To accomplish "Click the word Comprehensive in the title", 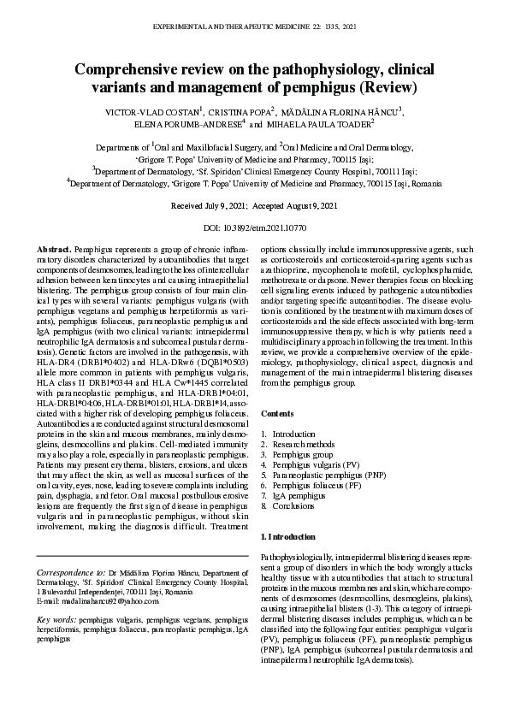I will tap(128, 69).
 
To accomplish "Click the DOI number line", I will tap(254, 228).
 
